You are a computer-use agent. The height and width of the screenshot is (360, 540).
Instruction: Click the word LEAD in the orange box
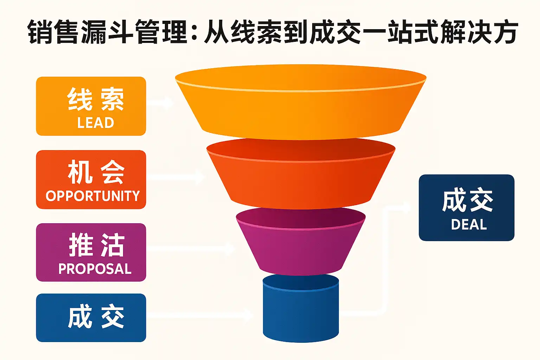point(96,123)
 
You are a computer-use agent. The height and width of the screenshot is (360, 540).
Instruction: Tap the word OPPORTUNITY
point(93,196)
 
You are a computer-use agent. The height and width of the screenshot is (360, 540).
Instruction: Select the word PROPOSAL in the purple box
point(95,269)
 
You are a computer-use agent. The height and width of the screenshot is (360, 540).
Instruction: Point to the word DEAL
point(469,225)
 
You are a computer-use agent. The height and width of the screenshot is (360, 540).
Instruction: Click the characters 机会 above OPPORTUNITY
point(96,172)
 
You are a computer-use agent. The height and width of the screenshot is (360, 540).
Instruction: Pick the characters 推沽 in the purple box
point(97,245)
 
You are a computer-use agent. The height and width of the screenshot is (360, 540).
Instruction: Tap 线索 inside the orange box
point(96,99)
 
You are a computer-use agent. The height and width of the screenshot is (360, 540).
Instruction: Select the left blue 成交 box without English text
point(91,317)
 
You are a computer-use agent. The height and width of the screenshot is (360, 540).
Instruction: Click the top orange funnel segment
point(301,105)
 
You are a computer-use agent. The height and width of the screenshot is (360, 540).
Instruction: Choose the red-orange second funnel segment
point(301,179)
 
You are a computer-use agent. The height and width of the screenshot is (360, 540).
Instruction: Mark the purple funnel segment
point(301,246)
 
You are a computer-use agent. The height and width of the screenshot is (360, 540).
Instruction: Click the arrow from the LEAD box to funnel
point(160,103)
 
